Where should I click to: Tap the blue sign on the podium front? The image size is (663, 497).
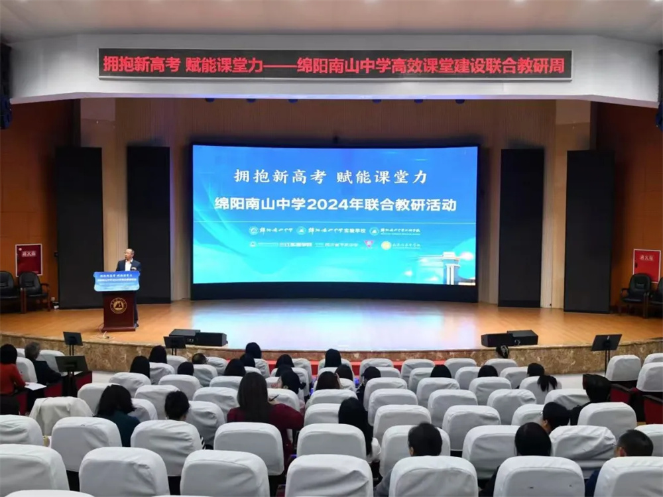click(x=117, y=281)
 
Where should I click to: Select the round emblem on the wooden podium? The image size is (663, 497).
click(x=119, y=305)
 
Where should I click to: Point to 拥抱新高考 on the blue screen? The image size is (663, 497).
click(x=280, y=176)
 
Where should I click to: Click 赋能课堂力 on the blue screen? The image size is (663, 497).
click(x=382, y=176)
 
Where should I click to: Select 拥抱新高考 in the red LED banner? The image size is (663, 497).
click(x=141, y=64)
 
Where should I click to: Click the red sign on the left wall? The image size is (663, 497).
click(x=29, y=258)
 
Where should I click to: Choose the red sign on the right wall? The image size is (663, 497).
click(x=646, y=264)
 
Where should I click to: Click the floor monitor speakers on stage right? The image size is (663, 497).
click(x=509, y=338)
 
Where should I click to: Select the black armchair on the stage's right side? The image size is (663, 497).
click(x=636, y=293)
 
